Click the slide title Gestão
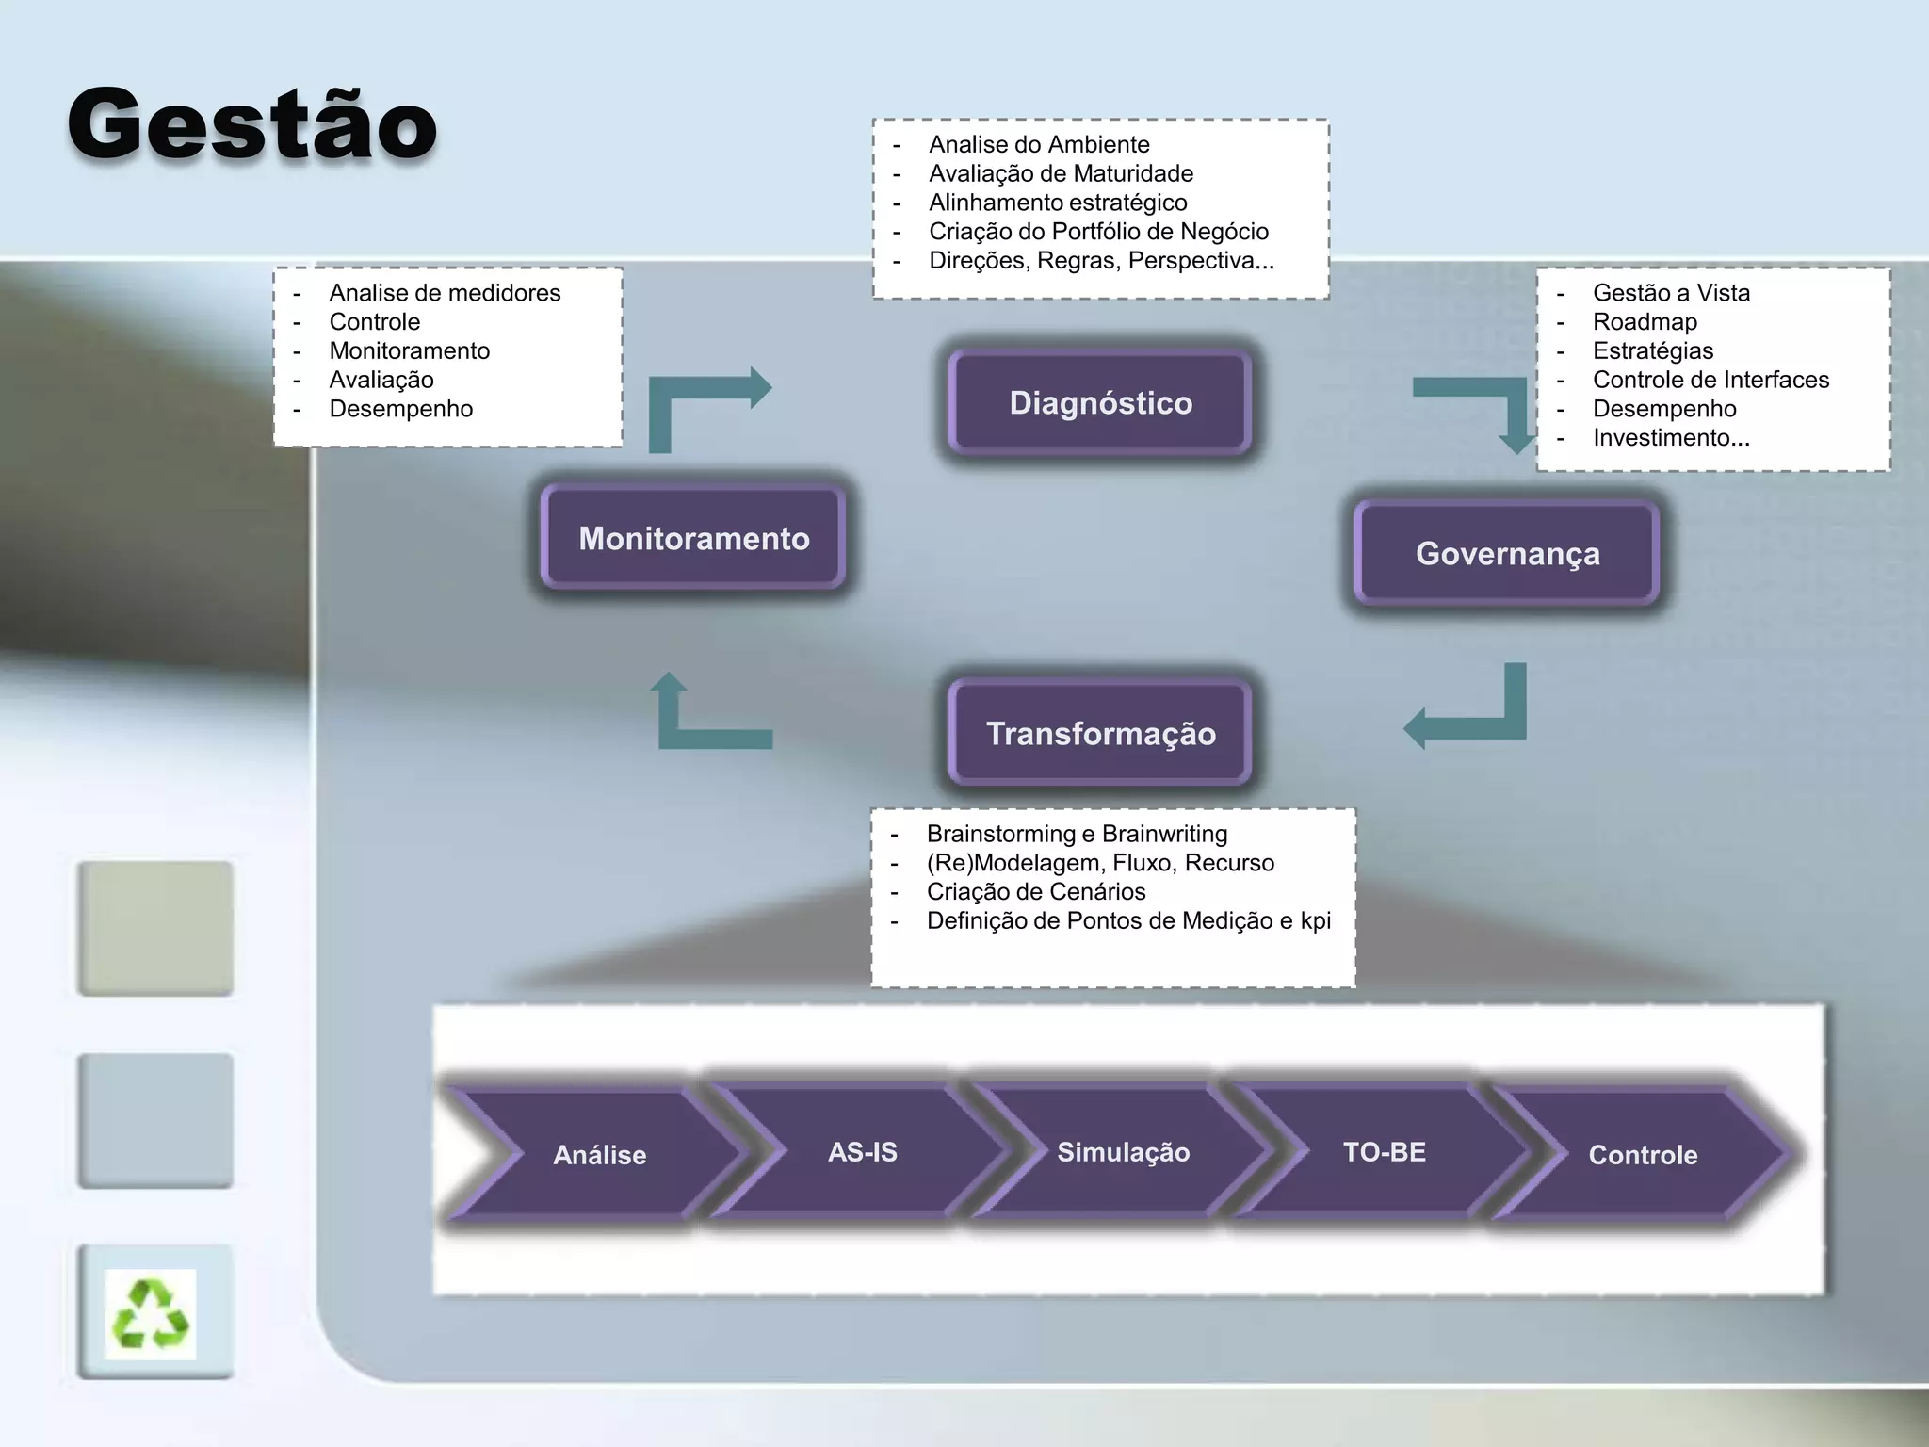252,123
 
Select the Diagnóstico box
1100,403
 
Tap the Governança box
1507,554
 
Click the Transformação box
1100,733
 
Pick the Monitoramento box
693,538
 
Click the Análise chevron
600,1155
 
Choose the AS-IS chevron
862,1152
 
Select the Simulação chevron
1123,1152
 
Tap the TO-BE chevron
1384,1152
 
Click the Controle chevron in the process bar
1643,1155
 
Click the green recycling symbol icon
151,1313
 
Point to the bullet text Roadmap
1645,322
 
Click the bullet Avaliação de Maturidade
1061,173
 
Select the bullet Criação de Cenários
1036,891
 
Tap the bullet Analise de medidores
445,293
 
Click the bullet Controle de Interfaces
1710,380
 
